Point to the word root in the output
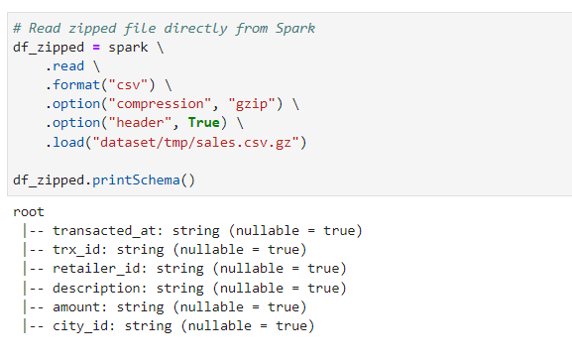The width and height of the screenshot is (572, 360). tap(30, 212)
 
